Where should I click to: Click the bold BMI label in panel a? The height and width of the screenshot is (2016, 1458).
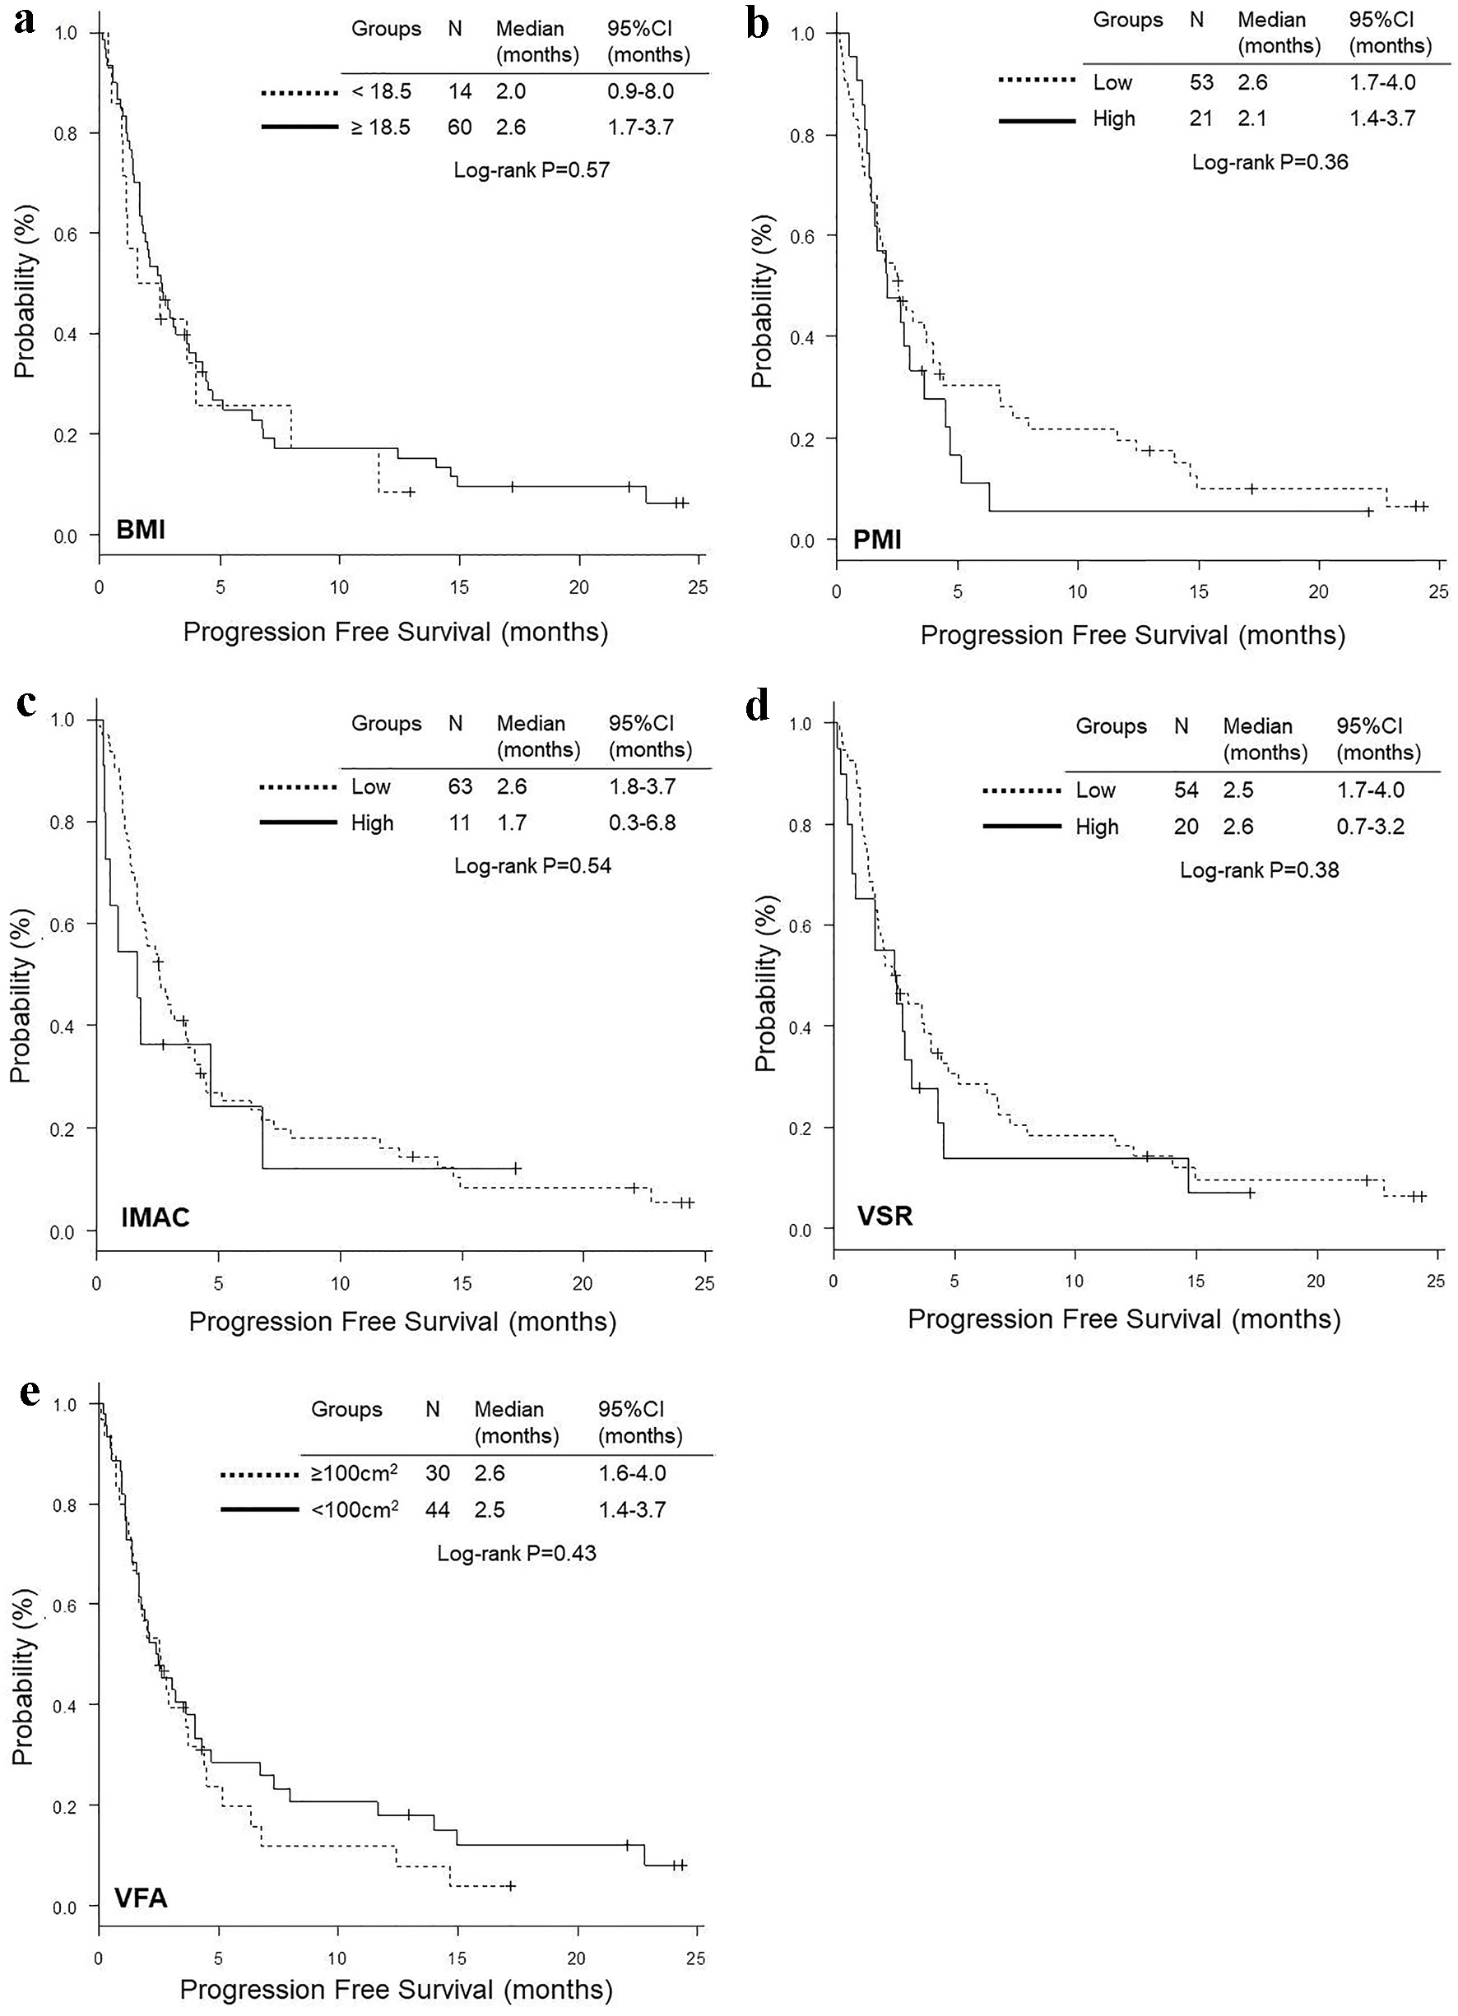141,531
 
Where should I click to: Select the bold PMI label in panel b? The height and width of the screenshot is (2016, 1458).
876,539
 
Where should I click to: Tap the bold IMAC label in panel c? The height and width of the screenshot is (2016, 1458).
156,1217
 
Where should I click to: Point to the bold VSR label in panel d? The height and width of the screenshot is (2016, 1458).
885,1214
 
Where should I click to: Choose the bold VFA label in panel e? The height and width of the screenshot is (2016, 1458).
141,1898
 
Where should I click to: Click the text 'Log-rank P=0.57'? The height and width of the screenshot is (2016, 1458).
532,169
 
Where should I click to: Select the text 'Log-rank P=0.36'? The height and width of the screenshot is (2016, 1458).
1270,162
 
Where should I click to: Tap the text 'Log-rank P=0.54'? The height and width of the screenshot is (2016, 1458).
532,865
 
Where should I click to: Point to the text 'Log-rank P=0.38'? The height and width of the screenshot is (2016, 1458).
1259,869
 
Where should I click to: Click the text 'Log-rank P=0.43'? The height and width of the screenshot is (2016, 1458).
517,1553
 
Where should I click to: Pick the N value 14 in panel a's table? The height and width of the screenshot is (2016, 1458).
460,91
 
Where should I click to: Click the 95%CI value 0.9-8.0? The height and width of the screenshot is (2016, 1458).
640,91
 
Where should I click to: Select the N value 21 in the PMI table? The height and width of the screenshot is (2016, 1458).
1201,118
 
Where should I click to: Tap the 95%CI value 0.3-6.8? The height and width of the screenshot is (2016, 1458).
642,823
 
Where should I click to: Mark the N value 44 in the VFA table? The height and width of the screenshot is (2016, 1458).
437,1509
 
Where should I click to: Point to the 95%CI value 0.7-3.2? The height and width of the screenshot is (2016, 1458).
1370,827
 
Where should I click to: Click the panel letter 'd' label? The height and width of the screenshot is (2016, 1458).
758,708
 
